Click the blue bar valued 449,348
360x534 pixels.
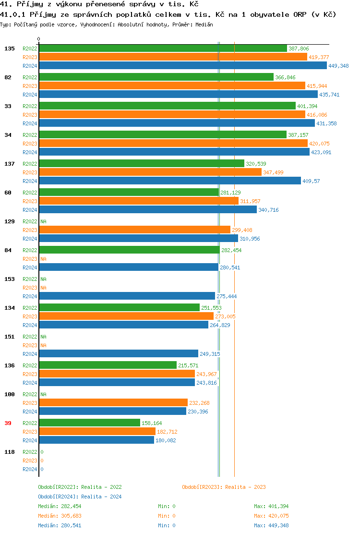(182, 66)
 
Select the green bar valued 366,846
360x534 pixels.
(156, 77)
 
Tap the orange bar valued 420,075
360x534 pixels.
(173, 144)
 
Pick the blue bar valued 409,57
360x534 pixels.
(170, 181)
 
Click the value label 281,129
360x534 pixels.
(230, 193)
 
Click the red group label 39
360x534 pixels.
(8, 423)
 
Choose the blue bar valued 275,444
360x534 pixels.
(127, 296)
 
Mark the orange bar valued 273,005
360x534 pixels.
(126, 316)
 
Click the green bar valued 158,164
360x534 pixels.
(89, 423)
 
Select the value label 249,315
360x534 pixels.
(210, 354)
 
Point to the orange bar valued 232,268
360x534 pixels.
(113, 403)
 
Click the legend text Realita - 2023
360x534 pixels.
(245, 487)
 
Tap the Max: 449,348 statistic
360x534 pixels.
(271, 525)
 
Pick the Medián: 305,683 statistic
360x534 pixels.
(60, 516)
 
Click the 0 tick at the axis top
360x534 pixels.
(39, 39)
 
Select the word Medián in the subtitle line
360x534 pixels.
(204, 24)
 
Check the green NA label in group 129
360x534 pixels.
(43, 221)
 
